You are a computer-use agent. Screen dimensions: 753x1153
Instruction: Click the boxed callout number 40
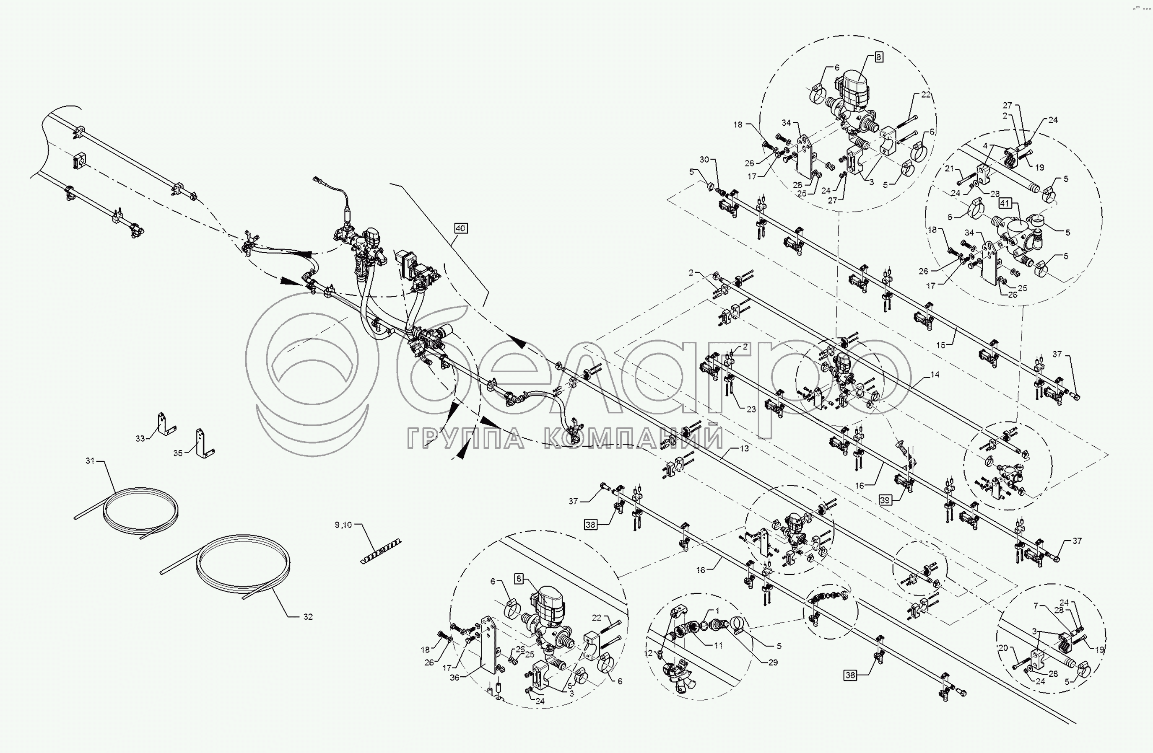click(x=461, y=228)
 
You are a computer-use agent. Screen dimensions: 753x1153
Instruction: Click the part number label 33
click(x=140, y=438)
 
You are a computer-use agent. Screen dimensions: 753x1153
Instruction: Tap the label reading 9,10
click(x=343, y=525)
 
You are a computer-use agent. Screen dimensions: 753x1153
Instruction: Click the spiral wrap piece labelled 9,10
click(x=381, y=551)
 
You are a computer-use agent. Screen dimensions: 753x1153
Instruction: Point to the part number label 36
click(x=454, y=678)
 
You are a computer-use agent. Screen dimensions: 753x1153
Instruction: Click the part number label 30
click(x=704, y=159)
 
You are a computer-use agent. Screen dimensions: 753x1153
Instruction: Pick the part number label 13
click(x=744, y=448)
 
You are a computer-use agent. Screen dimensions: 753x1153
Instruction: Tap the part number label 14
click(x=935, y=374)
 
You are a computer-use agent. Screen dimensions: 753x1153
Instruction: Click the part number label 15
click(x=941, y=345)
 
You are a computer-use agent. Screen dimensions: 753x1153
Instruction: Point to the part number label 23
click(x=751, y=409)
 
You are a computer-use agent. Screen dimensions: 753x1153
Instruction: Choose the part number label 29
click(x=773, y=662)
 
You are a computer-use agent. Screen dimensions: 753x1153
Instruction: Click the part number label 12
click(x=649, y=653)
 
